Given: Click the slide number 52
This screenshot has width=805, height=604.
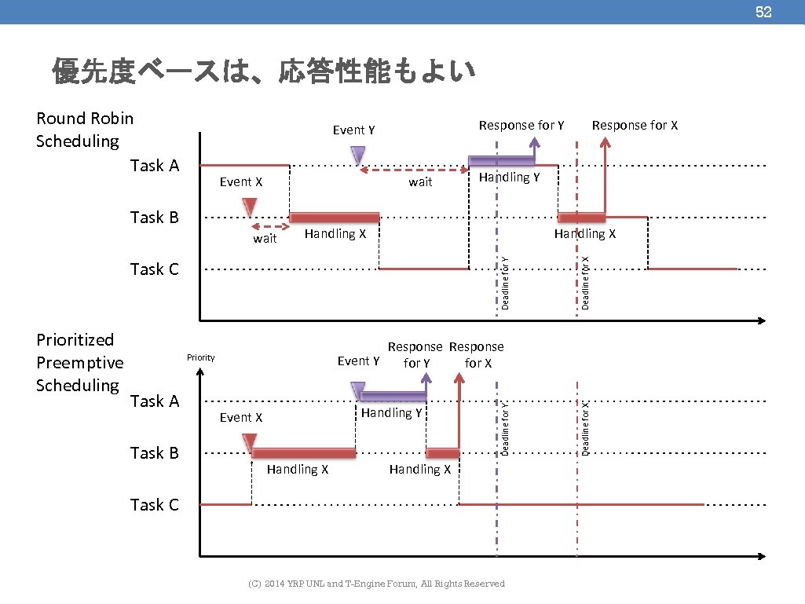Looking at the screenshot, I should coord(763,12).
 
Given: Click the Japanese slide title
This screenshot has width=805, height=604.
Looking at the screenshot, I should coord(264,71).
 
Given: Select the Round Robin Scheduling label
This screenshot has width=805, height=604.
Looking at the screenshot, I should coord(85,130).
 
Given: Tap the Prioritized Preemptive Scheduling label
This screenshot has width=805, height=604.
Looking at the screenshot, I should coord(79,362).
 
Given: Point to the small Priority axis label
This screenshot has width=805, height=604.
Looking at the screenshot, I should coord(200,357).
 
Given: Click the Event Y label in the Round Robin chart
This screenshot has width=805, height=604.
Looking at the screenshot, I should coord(353,130).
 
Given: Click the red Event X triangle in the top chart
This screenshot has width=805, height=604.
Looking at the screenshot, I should coord(250,207).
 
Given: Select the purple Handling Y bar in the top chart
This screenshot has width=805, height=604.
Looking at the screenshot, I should coord(501,161).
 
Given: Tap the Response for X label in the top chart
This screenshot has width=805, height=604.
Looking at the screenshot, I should coord(635,125).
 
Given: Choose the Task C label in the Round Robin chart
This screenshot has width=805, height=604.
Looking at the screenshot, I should coord(155,269).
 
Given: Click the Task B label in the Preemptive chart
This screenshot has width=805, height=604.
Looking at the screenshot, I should coord(155,453).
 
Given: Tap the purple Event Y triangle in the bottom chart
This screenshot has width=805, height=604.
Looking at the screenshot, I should coord(358,390).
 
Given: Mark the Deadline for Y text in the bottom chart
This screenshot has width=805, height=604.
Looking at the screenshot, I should coord(506,427).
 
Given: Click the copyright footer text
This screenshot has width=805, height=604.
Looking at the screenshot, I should coord(376,584).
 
